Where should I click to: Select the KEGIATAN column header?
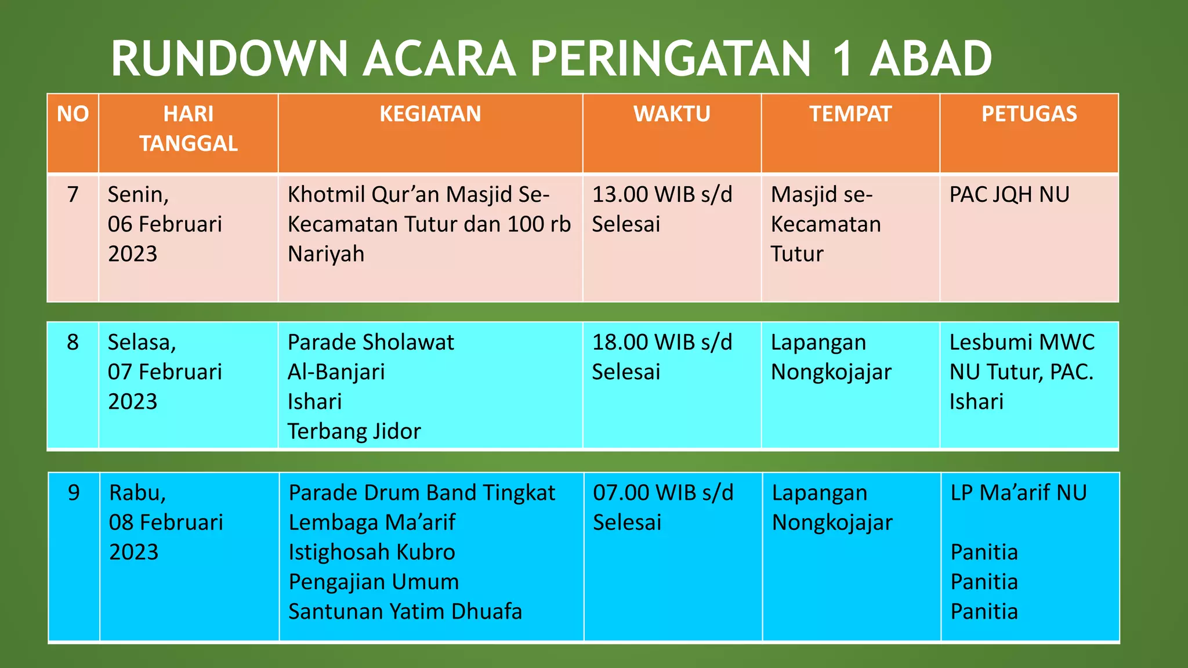(x=430, y=114)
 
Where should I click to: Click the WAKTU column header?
(x=672, y=114)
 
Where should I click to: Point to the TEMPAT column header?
(x=850, y=114)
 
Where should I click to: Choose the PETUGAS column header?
(x=1029, y=114)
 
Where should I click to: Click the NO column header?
(x=73, y=114)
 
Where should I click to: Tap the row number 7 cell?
(x=73, y=194)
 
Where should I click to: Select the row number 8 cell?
(x=73, y=342)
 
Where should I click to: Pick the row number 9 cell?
(x=74, y=492)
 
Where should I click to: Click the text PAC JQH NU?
(x=1009, y=194)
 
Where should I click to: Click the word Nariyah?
(x=326, y=254)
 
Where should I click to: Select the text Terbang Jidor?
(x=354, y=431)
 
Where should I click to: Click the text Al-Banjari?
(x=336, y=372)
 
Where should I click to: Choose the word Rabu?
(x=137, y=492)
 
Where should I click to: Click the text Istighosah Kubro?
(x=372, y=552)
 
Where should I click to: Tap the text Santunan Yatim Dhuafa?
(x=405, y=612)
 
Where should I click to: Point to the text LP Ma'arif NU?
(x=1019, y=492)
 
